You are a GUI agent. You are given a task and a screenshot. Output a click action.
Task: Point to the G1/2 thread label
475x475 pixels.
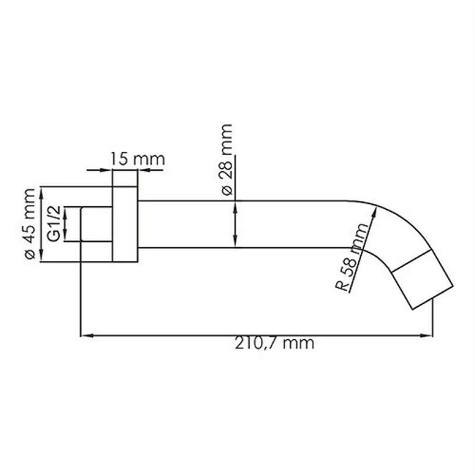(53, 224)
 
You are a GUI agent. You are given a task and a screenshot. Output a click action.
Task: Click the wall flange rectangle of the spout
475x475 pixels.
(125, 224)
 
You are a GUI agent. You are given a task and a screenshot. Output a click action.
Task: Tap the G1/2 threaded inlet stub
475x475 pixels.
(96, 224)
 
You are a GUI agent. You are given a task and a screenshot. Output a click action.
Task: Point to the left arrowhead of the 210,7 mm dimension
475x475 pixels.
(84, 336)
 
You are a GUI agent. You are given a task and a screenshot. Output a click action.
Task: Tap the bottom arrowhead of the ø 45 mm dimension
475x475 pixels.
(41, 257)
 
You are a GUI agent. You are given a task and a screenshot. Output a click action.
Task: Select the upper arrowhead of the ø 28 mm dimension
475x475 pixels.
(236, 205)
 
